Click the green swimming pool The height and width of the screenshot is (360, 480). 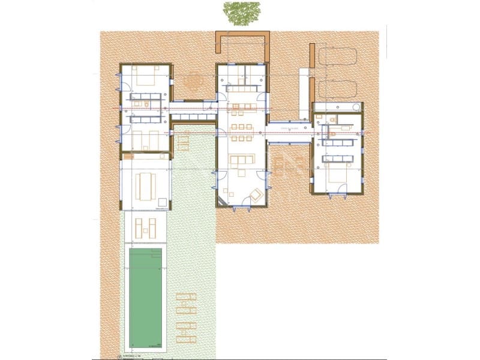(146, 298)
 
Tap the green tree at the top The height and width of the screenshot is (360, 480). (242, 13)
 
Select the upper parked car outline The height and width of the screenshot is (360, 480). (337, 56)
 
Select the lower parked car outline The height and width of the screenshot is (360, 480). (337, 88)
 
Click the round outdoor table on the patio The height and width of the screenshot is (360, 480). (193, 80)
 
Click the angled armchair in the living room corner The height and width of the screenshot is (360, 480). (256, 195)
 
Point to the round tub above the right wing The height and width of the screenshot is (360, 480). (356, 107)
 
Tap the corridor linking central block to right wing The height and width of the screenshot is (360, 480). (289, 132)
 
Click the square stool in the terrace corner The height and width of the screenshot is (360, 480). (163, 202)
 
